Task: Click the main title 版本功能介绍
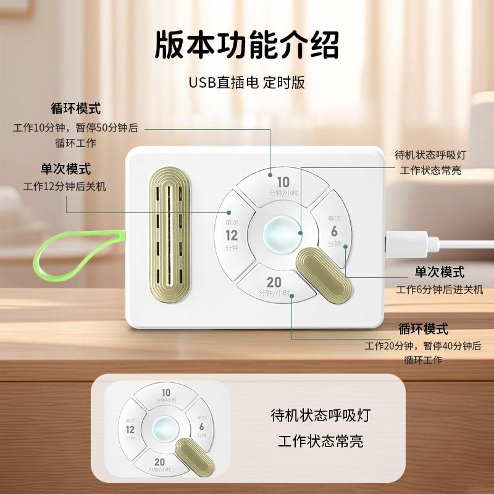[x=246, y=44]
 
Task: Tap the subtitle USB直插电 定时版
[x=246, y=83]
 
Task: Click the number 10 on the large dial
[x=283, y=182]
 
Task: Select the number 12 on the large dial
[x=232, y=235]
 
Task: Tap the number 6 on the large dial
[x=334, y=231]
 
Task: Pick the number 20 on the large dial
[x=274, y=282]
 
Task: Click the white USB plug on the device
[x=409, y=244]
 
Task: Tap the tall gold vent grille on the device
[x=169, y=235]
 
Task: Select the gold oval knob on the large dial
[x=325, y=275]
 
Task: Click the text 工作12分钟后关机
[x=64, y=186]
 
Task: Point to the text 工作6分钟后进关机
[x=440, y=289]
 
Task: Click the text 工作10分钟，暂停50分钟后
[x=75, y=128]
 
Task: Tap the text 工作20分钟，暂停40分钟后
[x=423, y=346]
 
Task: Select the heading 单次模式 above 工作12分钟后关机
[x=65, y=169]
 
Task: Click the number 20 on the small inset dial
[x=159, y=462]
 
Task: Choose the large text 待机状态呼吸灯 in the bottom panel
[x=320, y=416]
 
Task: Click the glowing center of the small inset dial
[x=165, y=429]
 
